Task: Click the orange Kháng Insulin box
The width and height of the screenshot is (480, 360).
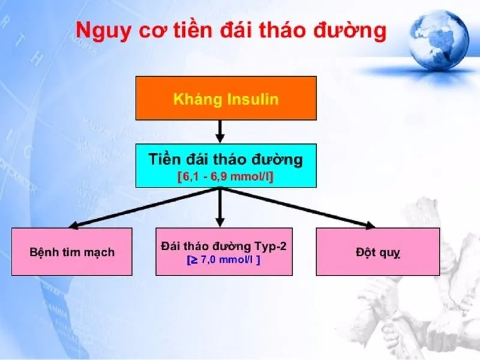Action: (226, 98)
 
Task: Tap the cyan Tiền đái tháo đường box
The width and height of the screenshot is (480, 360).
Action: (226, 165)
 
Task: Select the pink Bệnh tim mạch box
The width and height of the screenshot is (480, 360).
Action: (72, 251)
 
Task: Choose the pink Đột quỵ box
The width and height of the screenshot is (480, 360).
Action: (378, 251)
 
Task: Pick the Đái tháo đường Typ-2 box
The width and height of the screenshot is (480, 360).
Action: (224, 251)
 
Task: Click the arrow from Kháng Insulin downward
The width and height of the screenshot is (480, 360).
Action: (220, 131)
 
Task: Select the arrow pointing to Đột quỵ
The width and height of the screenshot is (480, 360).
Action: (300, 208)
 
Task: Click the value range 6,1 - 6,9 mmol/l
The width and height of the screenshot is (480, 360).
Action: (226, 178)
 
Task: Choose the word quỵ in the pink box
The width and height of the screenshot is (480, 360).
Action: (390, 253)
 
